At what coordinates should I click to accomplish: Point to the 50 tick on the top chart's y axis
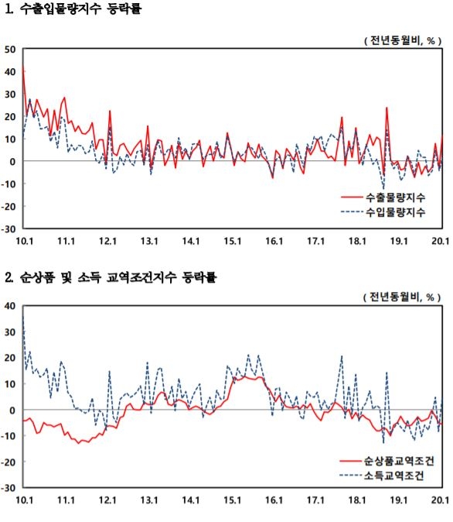(x=10, y=50)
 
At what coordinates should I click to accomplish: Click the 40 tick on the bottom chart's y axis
(x=10, y=306)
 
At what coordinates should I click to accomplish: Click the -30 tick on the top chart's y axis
(x=9, y=229)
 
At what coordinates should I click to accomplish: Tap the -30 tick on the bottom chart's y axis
(x=9, y=489)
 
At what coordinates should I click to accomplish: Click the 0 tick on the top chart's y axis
(x=13, y=162)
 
